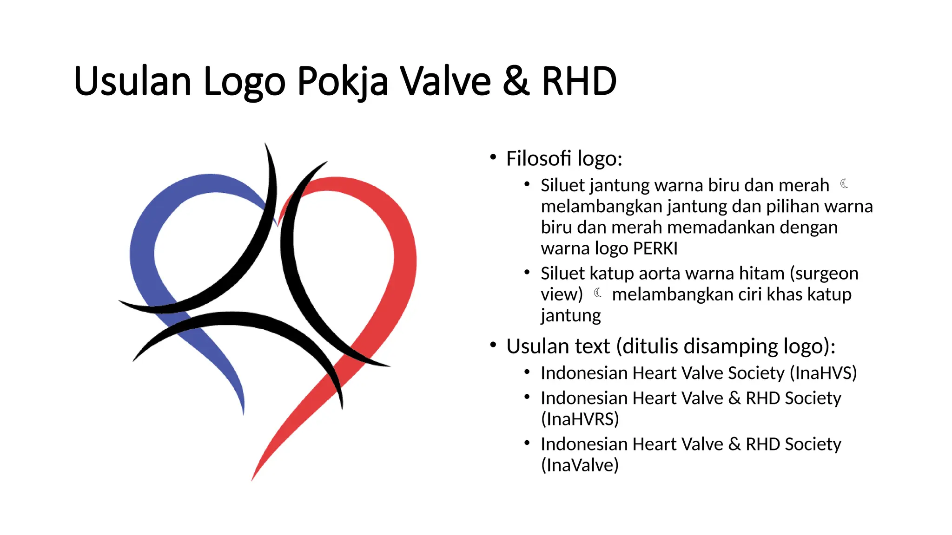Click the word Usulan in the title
click(x=132, y=82)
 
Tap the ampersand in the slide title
click(x=516, y=82)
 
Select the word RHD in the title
click(x=579, y=82)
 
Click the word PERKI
click(x=655, y=249)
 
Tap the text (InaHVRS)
click(x=580, y=419)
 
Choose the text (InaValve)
click(x=580, y=465)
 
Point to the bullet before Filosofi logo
click(x=493, y=157)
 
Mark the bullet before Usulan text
click(x=493, y=345)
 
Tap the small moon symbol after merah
click(x=844, y=184)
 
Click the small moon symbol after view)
click(x=598, y=293)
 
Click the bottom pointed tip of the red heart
click(x=252, y=479)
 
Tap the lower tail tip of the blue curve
click(x=243, y=413)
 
